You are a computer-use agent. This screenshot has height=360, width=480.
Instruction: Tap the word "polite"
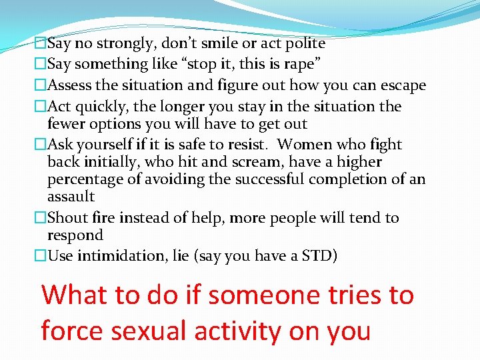302,44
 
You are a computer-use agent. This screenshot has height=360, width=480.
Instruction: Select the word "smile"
215,44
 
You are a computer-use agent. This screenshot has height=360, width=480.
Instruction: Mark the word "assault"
71,197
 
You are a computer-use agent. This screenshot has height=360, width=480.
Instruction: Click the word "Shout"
70,218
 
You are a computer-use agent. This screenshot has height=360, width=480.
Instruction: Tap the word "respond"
75,235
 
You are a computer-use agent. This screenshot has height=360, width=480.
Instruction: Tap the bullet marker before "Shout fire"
41,218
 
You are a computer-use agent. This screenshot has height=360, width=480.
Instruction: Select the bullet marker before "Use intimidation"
41,256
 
